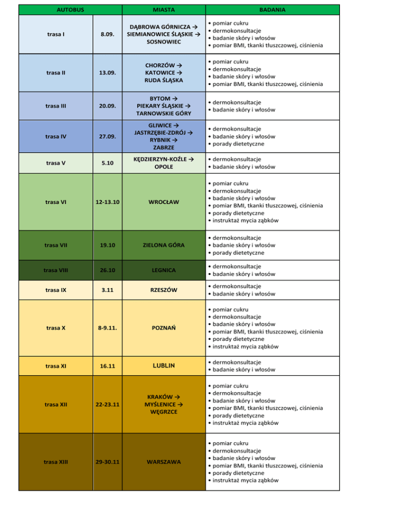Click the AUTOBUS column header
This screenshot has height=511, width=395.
pyautogui.click(x=69, y=9)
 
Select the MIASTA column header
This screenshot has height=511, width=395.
pyautogui.click(x=163, y=9)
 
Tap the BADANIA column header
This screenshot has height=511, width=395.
pyautogui.click(x=273, y=9)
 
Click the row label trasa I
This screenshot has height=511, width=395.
pyautogui.click(x=55, y=34)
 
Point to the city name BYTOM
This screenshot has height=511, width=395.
pyautogui.click(x=160, y=98)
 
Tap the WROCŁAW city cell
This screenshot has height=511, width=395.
pyautogui.click(x=163, y=202)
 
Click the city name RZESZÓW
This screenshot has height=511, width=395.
pyautogui.click(x=163, y=290)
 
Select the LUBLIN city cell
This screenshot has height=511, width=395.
pyautogui.click(x=163, y=366)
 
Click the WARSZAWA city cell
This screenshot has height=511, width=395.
pyautogui.click(x=163, y=462)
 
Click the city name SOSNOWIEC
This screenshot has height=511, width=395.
pyautogui.click(x=163, y=41)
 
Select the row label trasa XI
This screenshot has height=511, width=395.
pyautogui.click(x=55, y=366)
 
